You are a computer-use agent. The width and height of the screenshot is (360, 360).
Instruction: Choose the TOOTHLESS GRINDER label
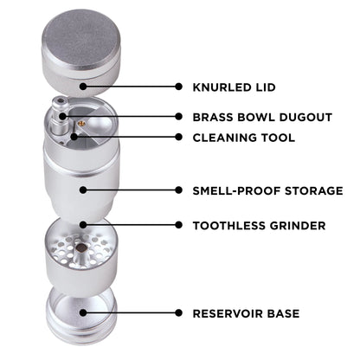[x=259, y=226]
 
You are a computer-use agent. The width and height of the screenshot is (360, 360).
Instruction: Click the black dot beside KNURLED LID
[x=178, y=87]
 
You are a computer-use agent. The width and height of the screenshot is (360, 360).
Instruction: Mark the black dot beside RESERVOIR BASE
[x=178, y=312]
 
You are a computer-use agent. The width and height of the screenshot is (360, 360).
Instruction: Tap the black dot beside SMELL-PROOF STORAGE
[x=178, y=190]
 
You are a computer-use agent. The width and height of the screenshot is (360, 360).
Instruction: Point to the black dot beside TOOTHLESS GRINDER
[x=178, y=226]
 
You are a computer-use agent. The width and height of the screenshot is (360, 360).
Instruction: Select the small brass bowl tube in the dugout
[x=60, y=118]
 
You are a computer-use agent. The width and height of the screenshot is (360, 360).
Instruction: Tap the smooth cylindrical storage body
[x=82, y=182]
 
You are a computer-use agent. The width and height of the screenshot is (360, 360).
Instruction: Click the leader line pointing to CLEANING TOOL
[x=130, y=137]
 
